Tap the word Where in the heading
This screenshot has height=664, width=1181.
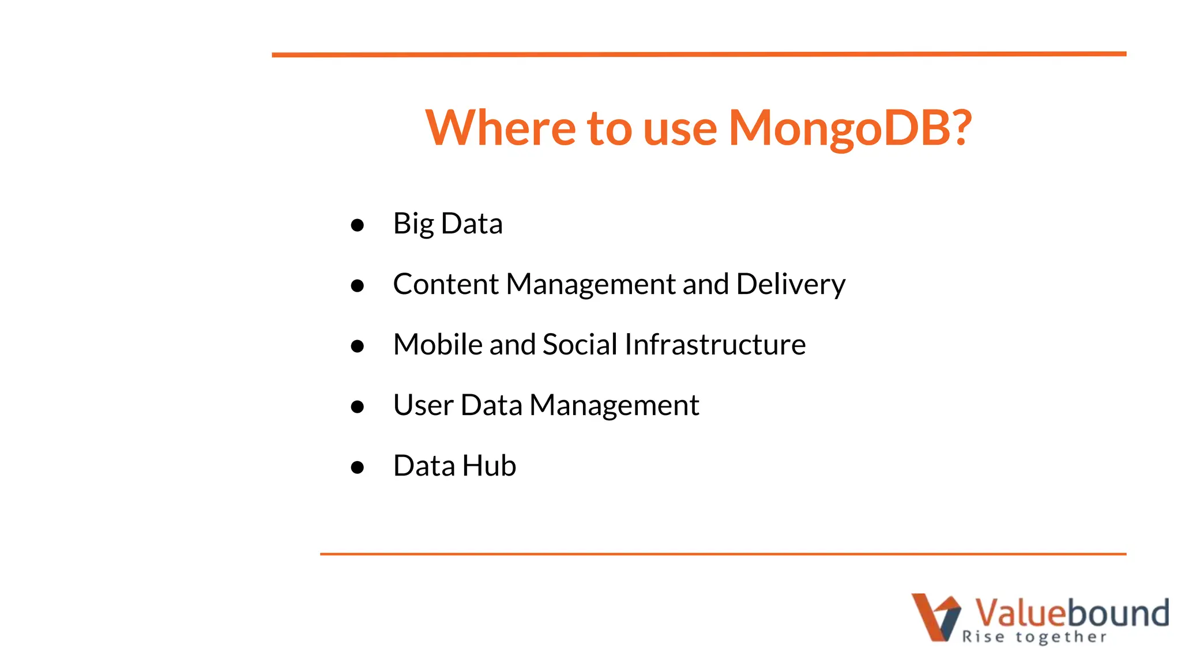point(499,128)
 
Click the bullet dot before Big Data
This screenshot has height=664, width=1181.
point(357,225)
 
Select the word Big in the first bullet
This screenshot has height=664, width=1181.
point(413,224)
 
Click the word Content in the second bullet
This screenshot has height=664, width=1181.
point(445,284)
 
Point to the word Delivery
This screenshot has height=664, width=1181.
point(791,284)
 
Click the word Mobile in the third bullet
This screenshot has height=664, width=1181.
point(438,345)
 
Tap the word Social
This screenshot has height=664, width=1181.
point(580,345)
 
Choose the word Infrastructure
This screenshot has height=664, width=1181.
point(715,345)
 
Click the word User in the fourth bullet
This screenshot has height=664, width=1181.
point(423,405)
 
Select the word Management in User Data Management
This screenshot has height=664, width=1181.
point(614,405)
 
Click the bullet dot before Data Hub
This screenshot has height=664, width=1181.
point(357,467)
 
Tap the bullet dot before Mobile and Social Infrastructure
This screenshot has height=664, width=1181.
point(357,346)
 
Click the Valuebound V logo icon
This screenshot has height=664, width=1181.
point(935,617)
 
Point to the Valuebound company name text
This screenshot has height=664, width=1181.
point(1071,612)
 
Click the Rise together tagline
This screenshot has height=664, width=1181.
point(1034,637)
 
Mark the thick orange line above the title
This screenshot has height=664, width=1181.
point(699,54)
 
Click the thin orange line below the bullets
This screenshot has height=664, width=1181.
point(723,554)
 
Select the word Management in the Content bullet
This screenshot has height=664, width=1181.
point(591,284)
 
